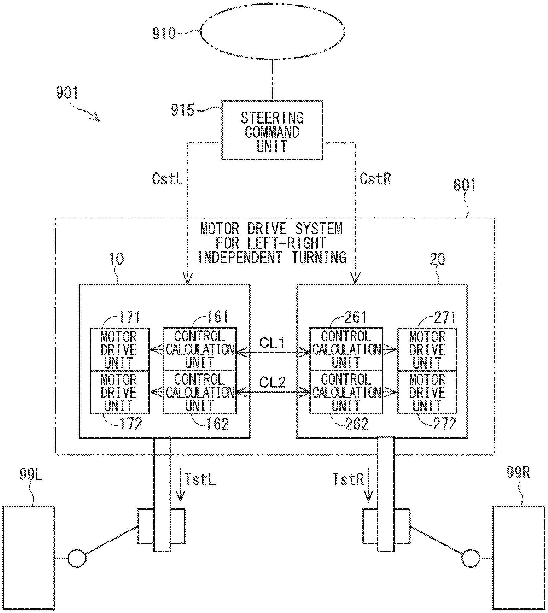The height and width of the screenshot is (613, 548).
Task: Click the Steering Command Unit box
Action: click(x=272, y=130)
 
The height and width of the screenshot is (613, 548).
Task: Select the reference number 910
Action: click(x=164, y=33)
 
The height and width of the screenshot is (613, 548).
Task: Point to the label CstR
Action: click(x=375, y=179)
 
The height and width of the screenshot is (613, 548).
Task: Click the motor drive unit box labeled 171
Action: click(x=119, y=349)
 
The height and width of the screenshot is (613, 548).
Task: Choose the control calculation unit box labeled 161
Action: click(x=200, y=349)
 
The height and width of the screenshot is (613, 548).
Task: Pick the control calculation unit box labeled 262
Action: click(x=346, y=392)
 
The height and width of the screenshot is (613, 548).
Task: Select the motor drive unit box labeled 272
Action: click(x=427, y=392)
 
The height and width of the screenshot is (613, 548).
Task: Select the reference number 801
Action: click(x=464, y=185)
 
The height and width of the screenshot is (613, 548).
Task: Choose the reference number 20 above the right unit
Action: click(x=437, y=259)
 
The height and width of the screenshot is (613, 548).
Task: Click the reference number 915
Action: click(x=183, y=110)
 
